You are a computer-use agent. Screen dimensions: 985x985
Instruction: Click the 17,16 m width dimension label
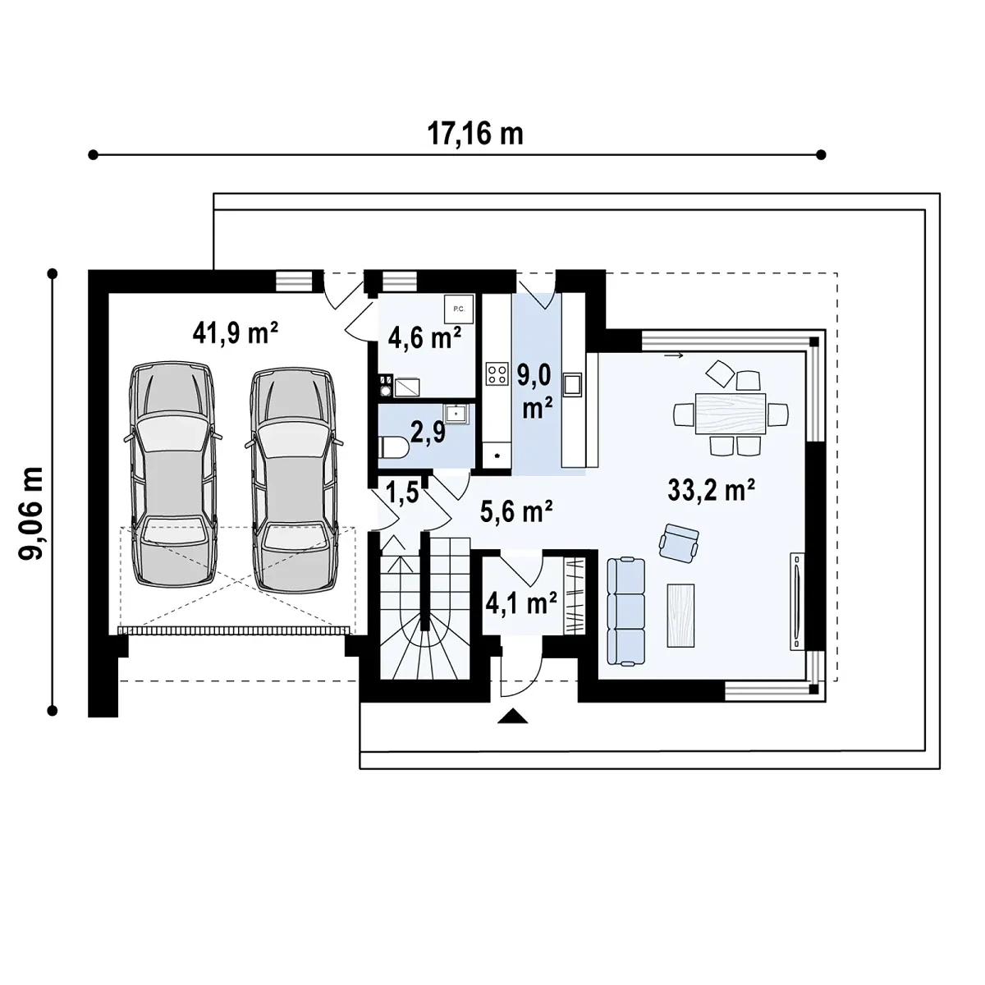(475, 135)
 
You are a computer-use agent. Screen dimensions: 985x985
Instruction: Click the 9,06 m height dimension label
(31, 513)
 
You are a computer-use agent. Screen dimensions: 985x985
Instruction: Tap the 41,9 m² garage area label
(235, 333)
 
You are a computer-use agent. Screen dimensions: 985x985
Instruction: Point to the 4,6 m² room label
(424, 338)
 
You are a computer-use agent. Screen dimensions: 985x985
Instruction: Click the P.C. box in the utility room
(459, 309)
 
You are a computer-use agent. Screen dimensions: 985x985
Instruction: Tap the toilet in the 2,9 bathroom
(395, 449)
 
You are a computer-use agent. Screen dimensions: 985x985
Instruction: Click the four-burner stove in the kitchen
(497, 373)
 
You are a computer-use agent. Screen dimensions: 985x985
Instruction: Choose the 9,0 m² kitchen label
(534, 392)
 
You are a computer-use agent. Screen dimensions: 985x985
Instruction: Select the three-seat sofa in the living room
(626, 612)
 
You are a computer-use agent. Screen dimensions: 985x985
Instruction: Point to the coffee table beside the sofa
(680, 616)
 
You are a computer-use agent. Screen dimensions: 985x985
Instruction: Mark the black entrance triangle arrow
(513, 716)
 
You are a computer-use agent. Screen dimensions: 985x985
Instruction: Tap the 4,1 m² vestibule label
(521, 603)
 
